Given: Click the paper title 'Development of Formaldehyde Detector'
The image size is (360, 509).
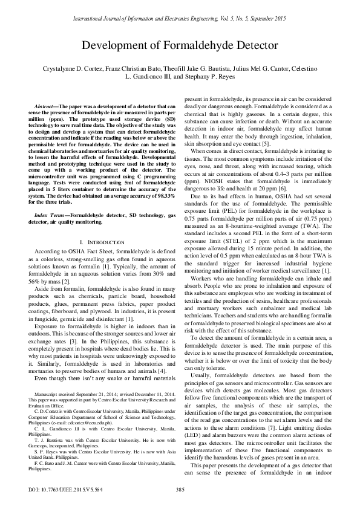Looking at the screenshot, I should (x=180, y=45).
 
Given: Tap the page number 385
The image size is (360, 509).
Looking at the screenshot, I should (x=180, y=489).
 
